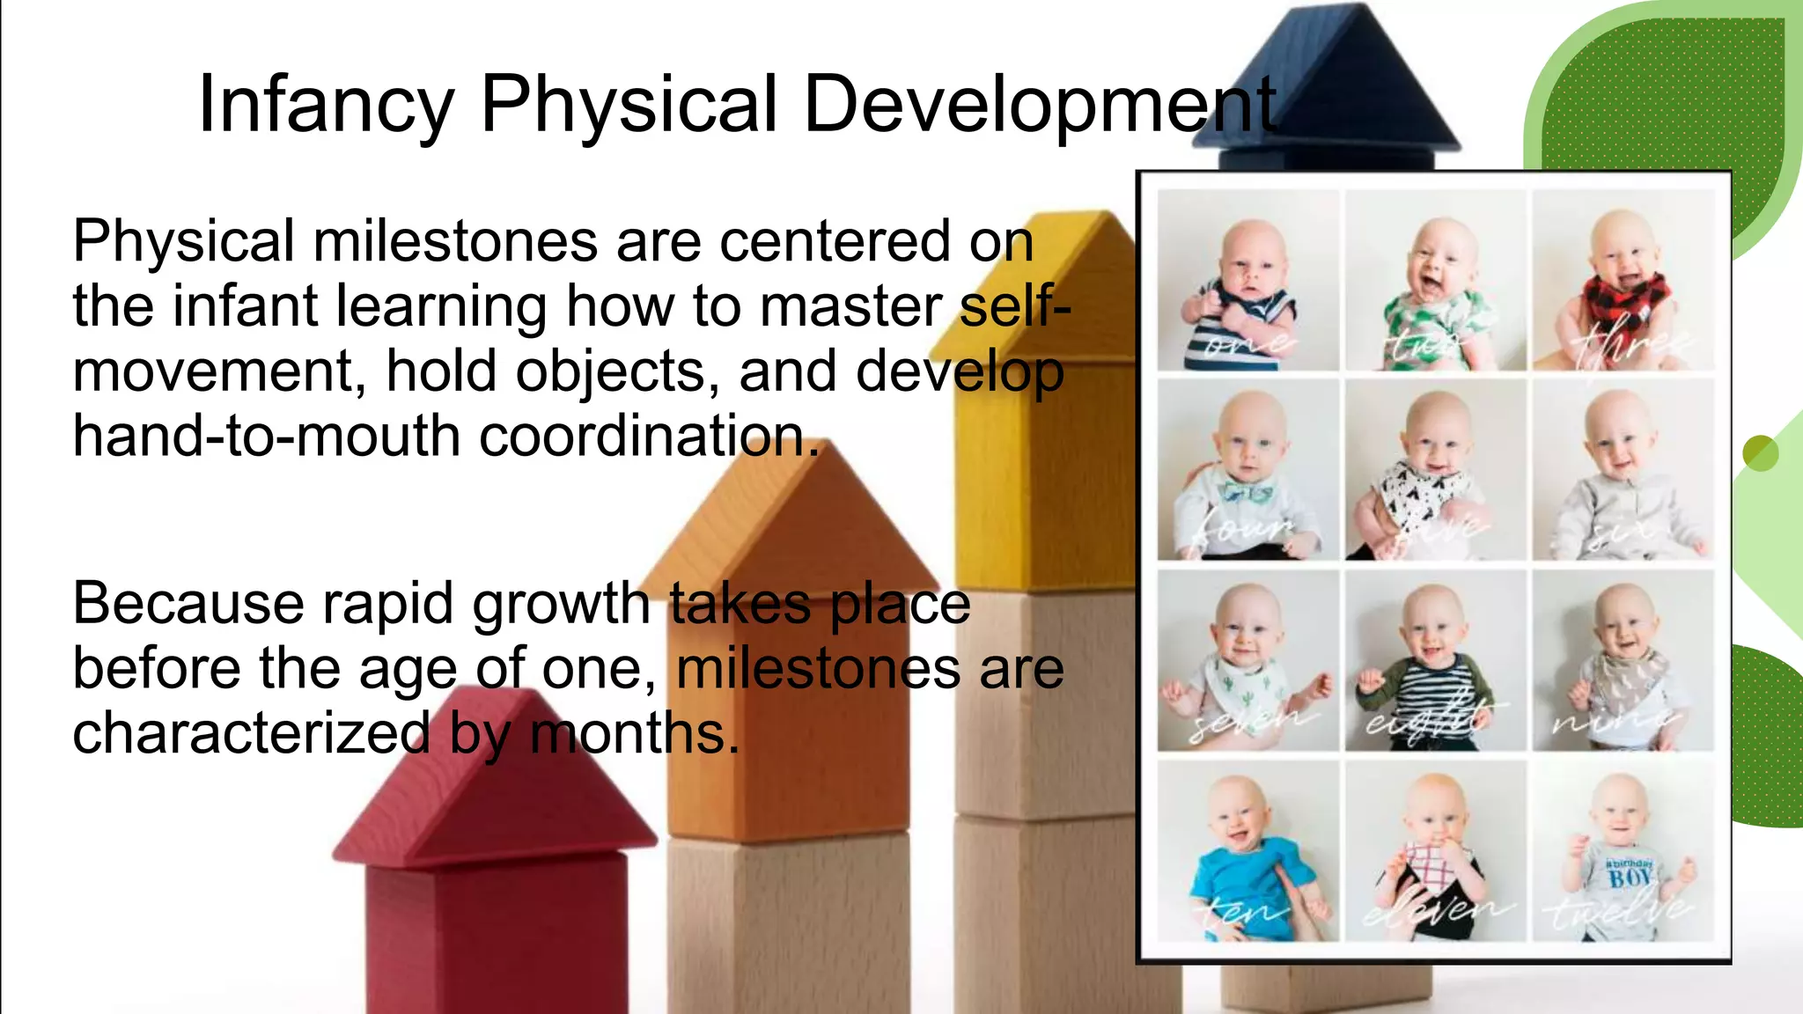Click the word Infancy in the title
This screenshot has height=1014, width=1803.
pos(326,106)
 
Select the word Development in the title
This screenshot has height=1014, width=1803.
pos(1039,106)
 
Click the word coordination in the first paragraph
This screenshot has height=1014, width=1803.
pos(647,437)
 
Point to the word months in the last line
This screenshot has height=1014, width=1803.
pos(634,733)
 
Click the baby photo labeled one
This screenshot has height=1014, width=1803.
pos(1247,280)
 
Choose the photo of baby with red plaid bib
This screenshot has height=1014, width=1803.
pos(1623,280)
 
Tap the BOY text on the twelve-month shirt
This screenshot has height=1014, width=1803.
pos(1630,878)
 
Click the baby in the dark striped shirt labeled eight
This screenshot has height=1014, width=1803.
pos(1435,660)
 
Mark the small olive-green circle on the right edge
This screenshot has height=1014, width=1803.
pos(1761,453)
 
